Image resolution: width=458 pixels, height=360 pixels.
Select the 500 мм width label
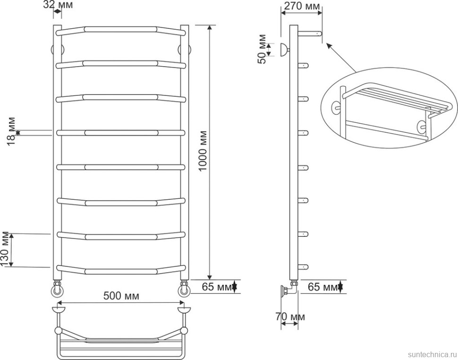[x=121, y=296]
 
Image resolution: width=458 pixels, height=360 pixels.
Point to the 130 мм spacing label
[x=5, y=249]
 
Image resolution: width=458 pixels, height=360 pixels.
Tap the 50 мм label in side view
[x=262, y=49]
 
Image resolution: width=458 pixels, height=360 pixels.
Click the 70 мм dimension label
[x=290, y=317]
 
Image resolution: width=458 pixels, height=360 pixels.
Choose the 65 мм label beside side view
[x=323, y=287]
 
